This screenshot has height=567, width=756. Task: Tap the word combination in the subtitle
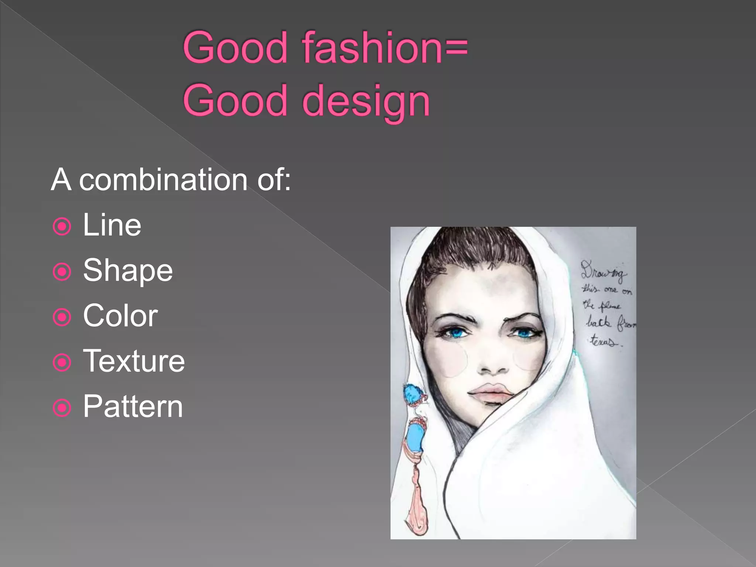163,180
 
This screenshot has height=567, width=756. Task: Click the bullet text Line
112,225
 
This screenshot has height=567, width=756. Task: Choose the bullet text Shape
128,271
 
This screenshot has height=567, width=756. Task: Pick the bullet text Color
120,316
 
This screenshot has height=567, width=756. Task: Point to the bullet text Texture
134,361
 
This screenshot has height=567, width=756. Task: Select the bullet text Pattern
133,407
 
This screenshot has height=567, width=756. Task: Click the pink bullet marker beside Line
62,227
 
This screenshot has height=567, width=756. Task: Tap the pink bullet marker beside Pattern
62,408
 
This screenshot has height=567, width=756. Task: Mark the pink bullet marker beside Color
62,317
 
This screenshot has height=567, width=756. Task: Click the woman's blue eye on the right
525,333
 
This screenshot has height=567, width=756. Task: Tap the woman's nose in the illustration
493,364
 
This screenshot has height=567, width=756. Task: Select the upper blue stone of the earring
412,394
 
